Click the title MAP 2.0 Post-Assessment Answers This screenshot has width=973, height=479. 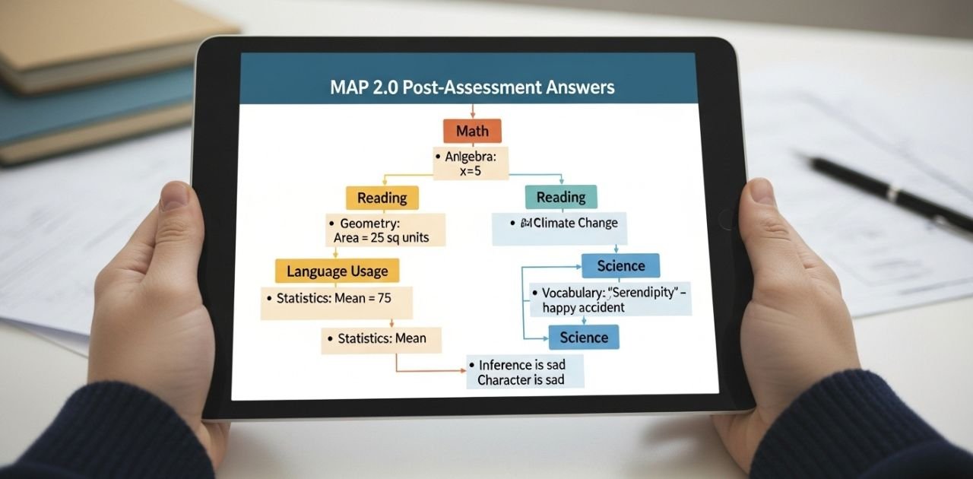[472, 87]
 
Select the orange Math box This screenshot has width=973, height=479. [472, 132]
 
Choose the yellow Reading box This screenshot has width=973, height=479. [382, 198]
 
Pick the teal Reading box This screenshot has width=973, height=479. [561, 197]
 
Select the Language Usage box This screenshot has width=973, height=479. [337, 271]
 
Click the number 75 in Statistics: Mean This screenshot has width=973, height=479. [384, 298]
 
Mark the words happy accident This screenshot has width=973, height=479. [584, 307]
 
